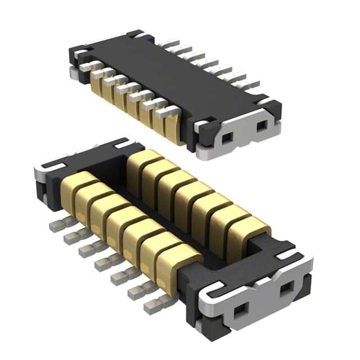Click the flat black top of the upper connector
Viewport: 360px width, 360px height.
click(169, 73)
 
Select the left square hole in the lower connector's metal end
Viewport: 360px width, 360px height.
click(244, 308)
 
